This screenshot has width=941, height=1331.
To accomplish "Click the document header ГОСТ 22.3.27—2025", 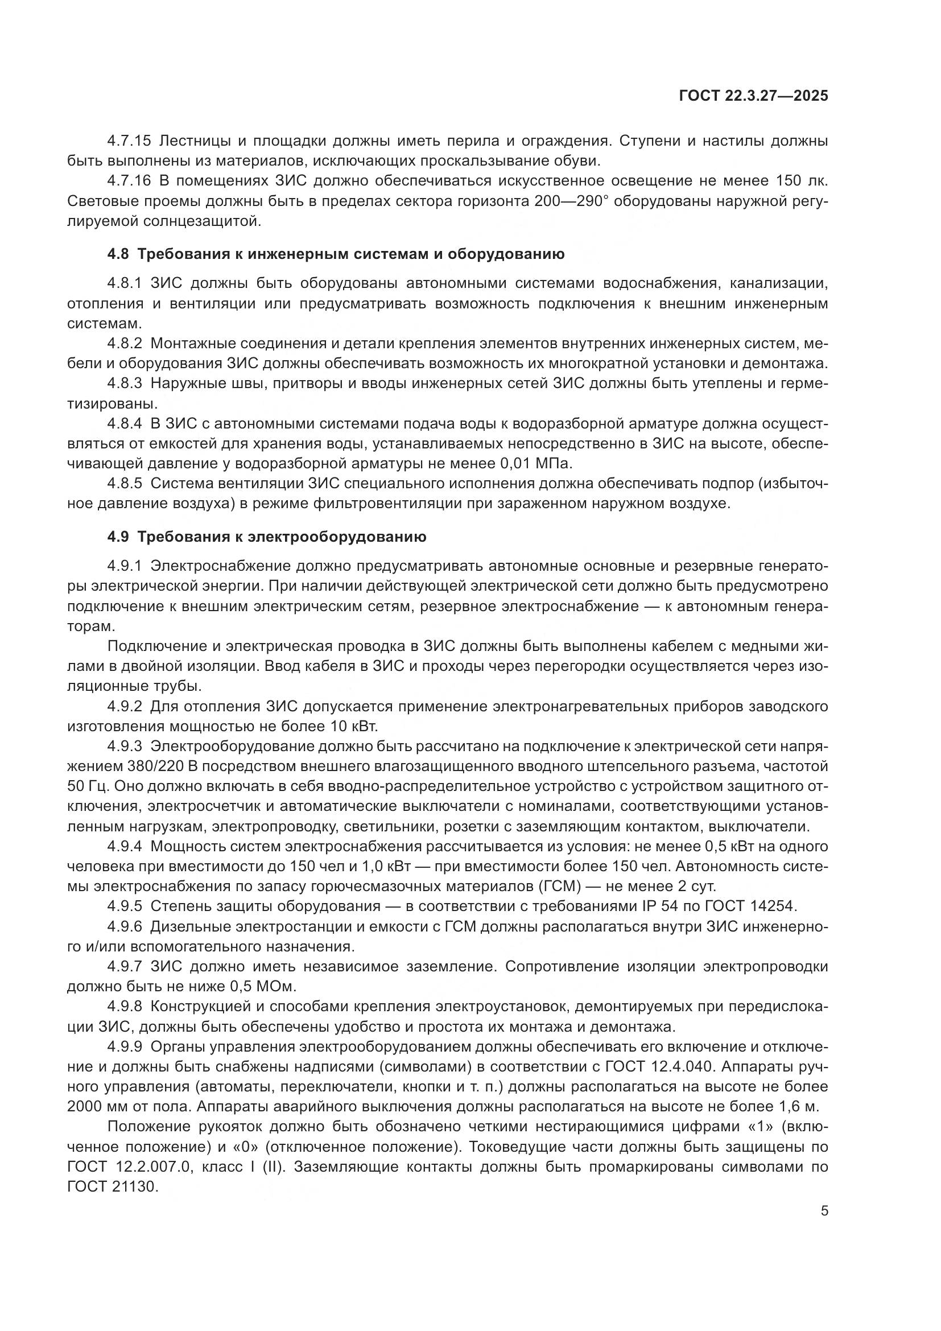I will (753, 96).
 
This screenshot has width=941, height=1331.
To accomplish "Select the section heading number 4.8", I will (118, 254).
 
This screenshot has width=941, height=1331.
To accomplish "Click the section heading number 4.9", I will (118, 537).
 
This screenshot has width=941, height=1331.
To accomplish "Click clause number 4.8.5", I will (124, 484).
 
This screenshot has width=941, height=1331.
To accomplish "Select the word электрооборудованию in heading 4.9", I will (337, 537).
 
